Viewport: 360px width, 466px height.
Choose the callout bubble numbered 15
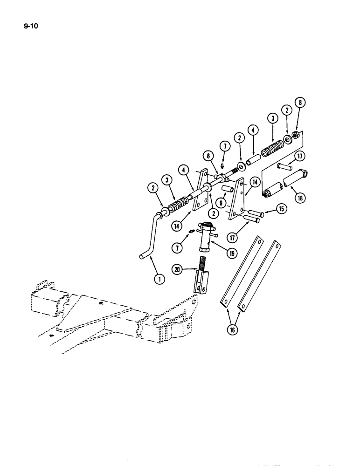click(281, 208)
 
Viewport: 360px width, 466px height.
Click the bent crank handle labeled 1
click(150, 238)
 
